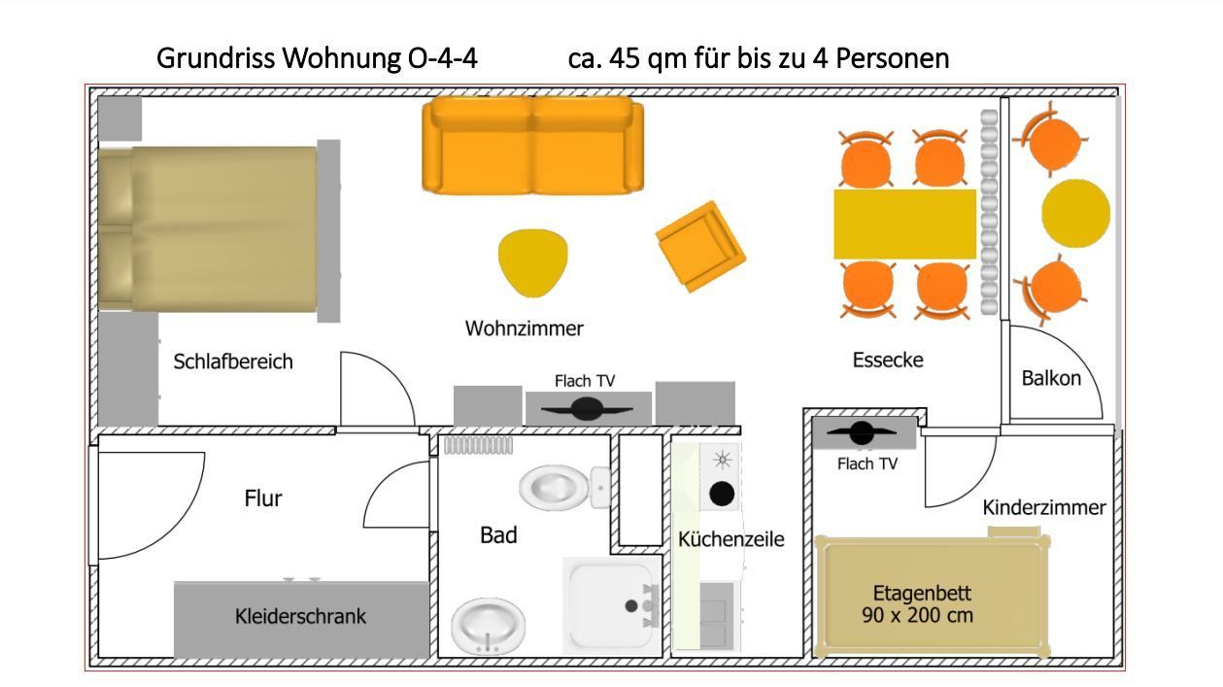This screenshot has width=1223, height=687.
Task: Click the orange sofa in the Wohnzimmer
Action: pyautogui.click(x=532, y=145)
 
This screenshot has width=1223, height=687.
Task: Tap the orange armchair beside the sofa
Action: pyautogui.click(x=699, y=245)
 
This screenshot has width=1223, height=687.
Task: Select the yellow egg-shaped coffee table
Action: pyautogui.click(x=531, y=261)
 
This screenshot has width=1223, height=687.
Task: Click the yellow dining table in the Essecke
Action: pyautogui.click(x=904, y=223)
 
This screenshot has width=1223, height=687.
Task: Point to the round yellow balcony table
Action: pyautogui.click(x=1075, y=213)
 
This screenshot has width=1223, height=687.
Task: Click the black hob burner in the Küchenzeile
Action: pyautogui.click(x=722, y=494)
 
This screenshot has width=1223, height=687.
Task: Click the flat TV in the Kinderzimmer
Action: pyautogui.click(x=862, y=433)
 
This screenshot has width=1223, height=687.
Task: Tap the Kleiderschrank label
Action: pyautogui.click(x=300, y=616)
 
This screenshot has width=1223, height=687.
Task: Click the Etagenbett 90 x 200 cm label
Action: pyautogui.click(x=922, y=604)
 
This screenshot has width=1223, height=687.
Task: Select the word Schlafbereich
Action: pyautogui.click(x=233, y=361)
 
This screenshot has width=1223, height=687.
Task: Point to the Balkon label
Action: pyautogui.click(x=1051, y=378)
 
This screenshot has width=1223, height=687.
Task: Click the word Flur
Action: pyautogui.click(x=263, y=498)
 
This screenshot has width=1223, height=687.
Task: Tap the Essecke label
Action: pyautogui.click(x=888, y=360)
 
